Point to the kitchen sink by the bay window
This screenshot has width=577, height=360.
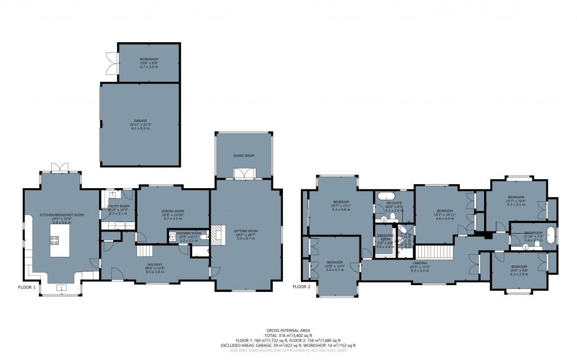62,288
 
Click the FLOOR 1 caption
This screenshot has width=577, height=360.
26,287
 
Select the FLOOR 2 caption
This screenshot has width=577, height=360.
301,287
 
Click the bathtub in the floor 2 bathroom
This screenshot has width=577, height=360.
551,236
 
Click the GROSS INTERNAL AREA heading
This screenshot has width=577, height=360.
288,330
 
